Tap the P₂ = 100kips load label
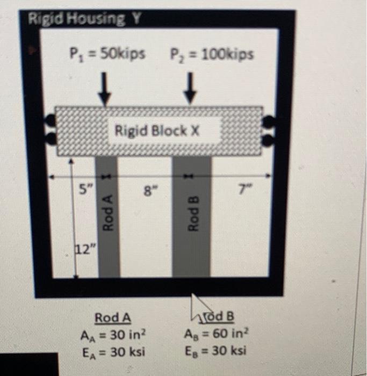[212, 54]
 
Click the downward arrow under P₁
[106, 90]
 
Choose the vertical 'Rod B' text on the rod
[191, 214]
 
